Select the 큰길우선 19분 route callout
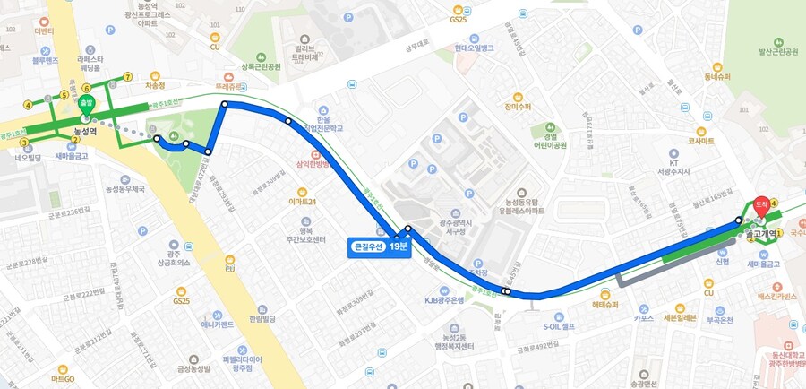click(378, 246)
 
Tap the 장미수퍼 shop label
click(518, 107)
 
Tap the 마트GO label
click(62, 379)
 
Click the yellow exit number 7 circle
click(128, 76)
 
